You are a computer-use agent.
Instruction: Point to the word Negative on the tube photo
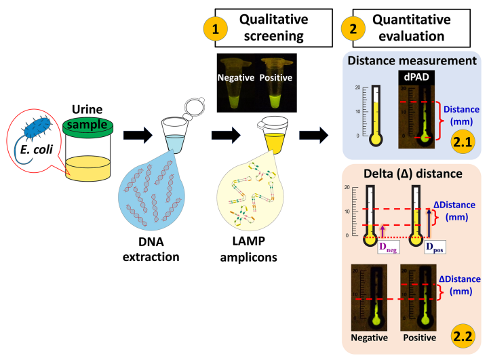(235, 79)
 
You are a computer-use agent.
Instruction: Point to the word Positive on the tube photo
(277, 79)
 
